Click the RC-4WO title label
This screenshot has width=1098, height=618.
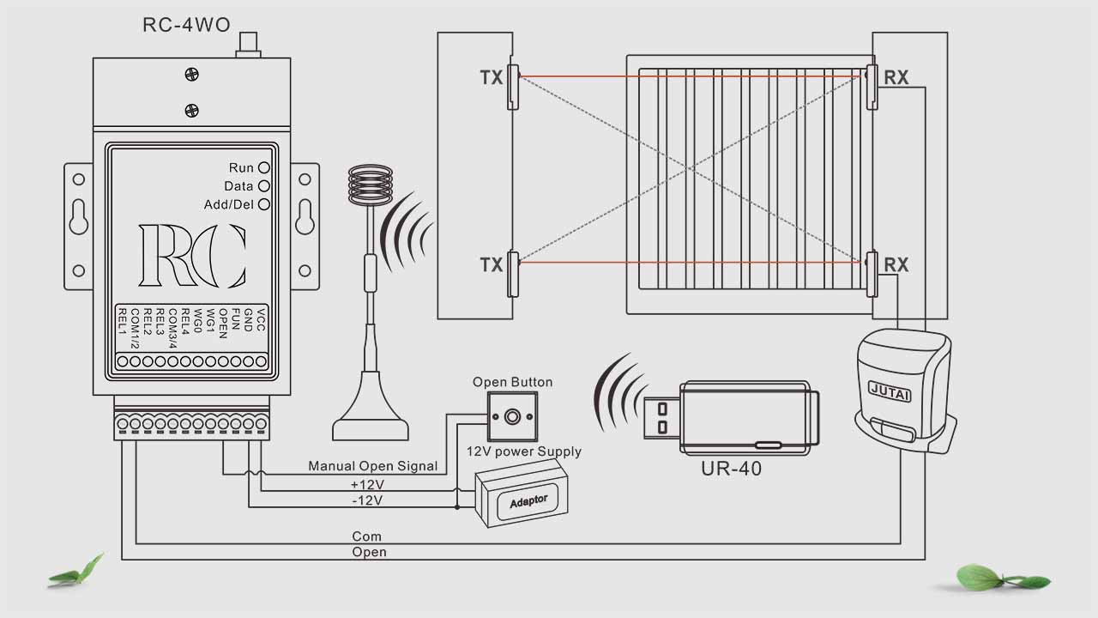point(186,25)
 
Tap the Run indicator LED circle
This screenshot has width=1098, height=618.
point(264,168)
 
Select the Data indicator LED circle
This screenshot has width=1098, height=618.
point(264,186)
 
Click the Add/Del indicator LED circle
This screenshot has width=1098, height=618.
point(264,204)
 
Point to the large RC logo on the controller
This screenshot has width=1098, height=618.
point(192,256)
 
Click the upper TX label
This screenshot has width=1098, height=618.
point(492,78)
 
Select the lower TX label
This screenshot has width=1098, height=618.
point(492,264)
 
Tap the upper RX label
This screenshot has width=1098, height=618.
point(896,78)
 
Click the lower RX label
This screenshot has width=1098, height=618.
point(896,264)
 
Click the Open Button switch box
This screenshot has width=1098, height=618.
point(512,417)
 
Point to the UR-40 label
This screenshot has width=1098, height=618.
point(731,469)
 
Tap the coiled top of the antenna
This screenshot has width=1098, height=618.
point(370,185)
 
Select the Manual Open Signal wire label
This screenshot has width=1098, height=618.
point(373,466)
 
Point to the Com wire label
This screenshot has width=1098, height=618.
point(367,536)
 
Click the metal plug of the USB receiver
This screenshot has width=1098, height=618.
point(664,417)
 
